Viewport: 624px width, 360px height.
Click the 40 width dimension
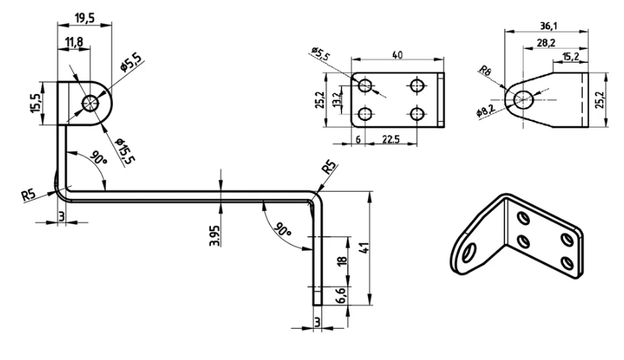397,54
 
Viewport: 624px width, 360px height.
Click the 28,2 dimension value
548,43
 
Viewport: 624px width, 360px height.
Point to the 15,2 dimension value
570,56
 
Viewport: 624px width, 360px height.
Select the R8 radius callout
485,72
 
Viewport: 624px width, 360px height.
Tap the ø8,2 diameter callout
486,113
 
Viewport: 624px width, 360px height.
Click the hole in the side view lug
90,102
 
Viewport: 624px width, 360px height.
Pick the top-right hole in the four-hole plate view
417,86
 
